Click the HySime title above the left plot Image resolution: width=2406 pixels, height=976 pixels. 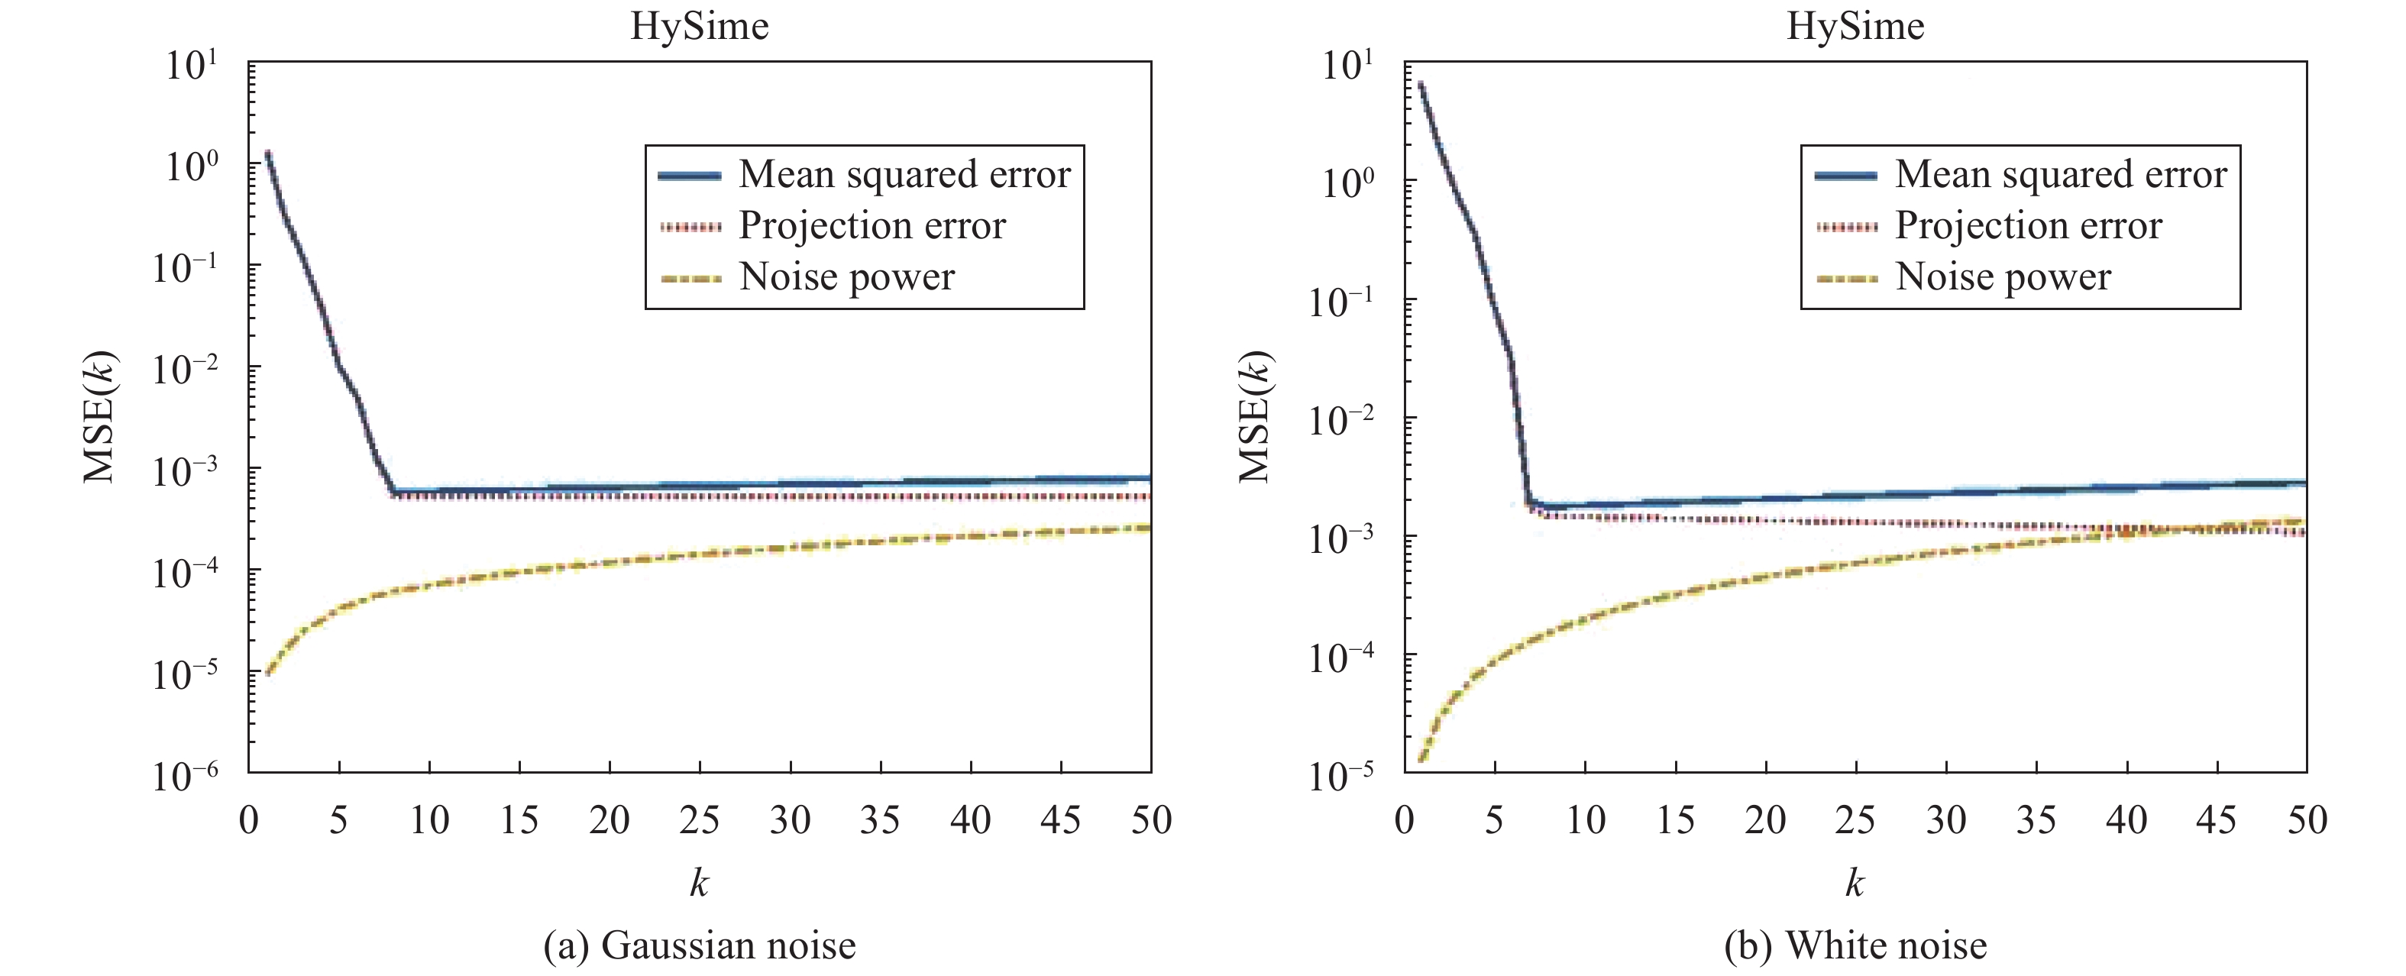[699, 26]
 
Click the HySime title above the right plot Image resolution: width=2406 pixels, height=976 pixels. [1855, 26]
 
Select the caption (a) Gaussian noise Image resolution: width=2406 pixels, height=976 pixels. [700, 945]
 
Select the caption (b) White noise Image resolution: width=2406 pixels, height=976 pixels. [1855, 945]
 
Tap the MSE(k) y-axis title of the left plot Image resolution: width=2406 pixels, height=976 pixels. [99, 416]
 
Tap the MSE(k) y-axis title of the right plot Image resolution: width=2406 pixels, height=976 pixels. [1254, 416]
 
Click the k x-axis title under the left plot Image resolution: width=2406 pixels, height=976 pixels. [699, 881]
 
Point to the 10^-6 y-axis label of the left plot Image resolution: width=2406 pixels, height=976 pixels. [185, 774]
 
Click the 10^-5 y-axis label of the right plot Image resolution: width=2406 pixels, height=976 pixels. [1341, 774]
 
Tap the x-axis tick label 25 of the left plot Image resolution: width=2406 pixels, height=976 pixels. [700, 820]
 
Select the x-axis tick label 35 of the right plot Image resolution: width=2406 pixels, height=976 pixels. [2036, 820]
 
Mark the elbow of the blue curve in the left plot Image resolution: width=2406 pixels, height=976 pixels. [394, 491]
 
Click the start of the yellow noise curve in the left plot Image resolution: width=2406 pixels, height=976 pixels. [268, 673]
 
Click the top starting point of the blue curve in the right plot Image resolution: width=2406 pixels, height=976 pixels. [1421, 84]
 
